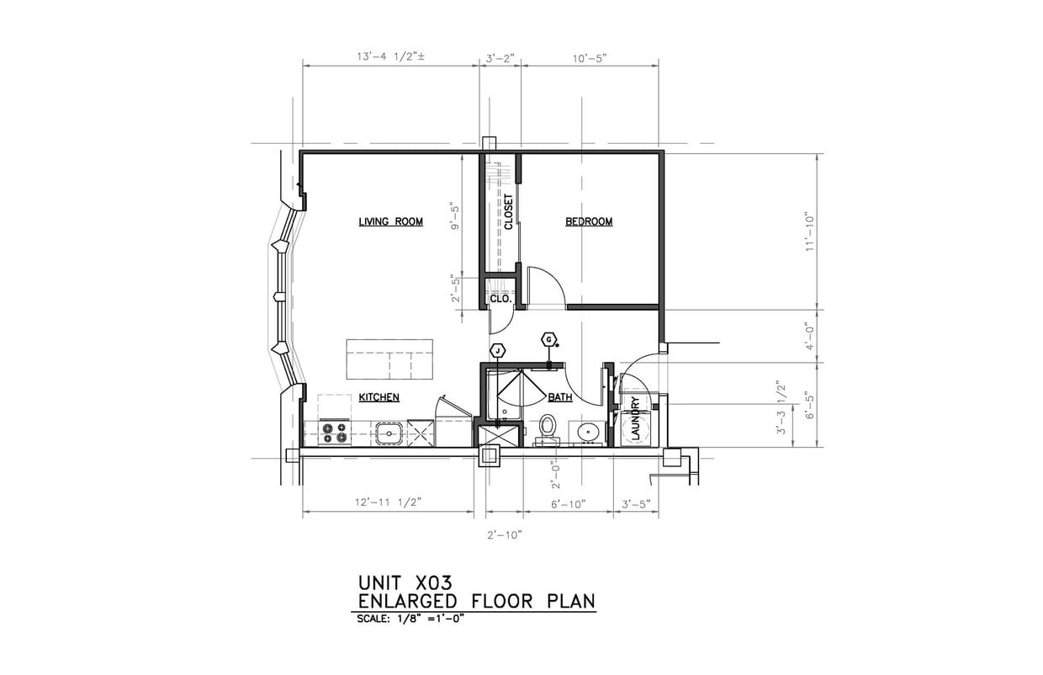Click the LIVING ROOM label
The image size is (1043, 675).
point(390,222)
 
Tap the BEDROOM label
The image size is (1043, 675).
point(589,222)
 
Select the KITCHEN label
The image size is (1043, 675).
point(379,397)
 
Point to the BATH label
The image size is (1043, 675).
point(560,397)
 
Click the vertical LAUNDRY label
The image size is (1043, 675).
point(636,418)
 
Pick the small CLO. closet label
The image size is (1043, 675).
point(500,299)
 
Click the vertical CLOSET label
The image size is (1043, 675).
point(509,212)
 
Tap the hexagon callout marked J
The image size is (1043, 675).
point(498,350)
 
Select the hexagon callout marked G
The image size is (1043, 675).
point(549,339)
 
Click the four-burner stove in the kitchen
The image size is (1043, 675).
point(334,433)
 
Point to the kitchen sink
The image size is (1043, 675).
point(388,433)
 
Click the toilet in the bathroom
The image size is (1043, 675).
point(548,426)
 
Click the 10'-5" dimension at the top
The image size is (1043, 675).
point(589,57)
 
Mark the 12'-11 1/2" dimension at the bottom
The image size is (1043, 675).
point(388,502)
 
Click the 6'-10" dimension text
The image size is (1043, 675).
point(568,503)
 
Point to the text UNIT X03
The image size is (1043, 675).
point(405,582)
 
